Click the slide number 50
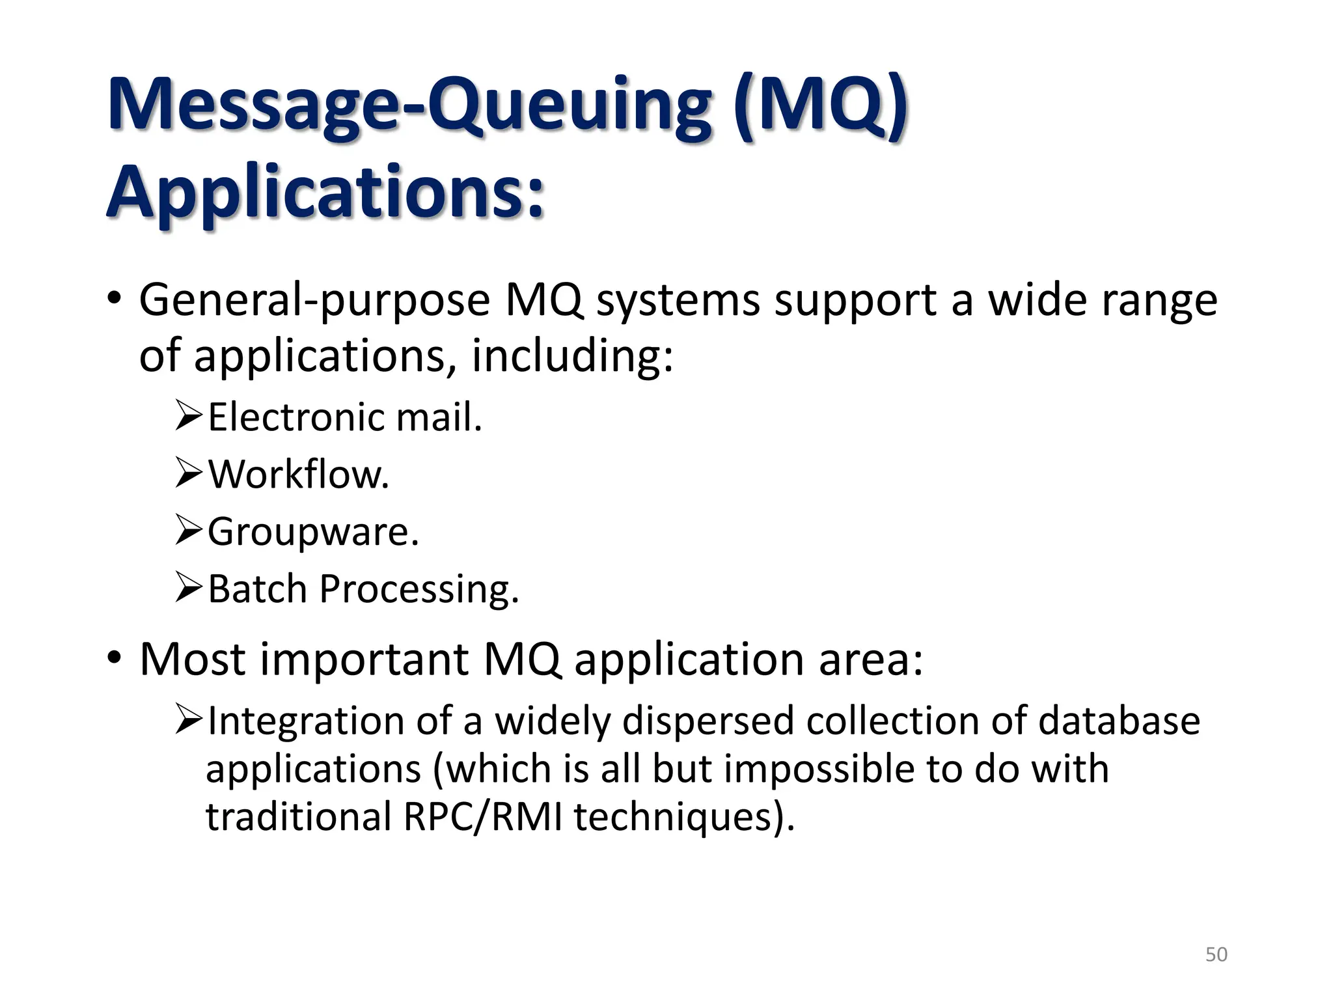(x=1216, y=954)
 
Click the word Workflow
(x=298, y=474)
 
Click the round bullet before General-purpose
(x=115, y=300)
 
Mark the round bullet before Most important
(x=115, y=659)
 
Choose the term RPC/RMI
(x=482, y=816)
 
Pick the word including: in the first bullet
(x=572, y=357)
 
